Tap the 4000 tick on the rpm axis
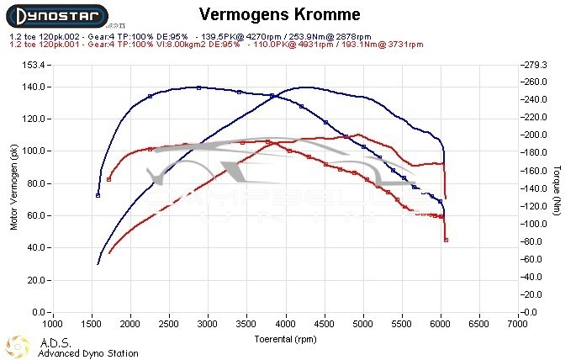click(286, 323)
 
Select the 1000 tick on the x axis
click(52, 323)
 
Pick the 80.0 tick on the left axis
click(36, 183)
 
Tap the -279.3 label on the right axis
click(534, 65)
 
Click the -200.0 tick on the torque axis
click(534, 135)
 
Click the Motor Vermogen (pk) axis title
click(13, 188)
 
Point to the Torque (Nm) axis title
click(558, 188)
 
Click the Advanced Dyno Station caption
click(87, 353)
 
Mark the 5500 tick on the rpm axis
click(402, 323)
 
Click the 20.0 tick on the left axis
click(36, 280)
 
